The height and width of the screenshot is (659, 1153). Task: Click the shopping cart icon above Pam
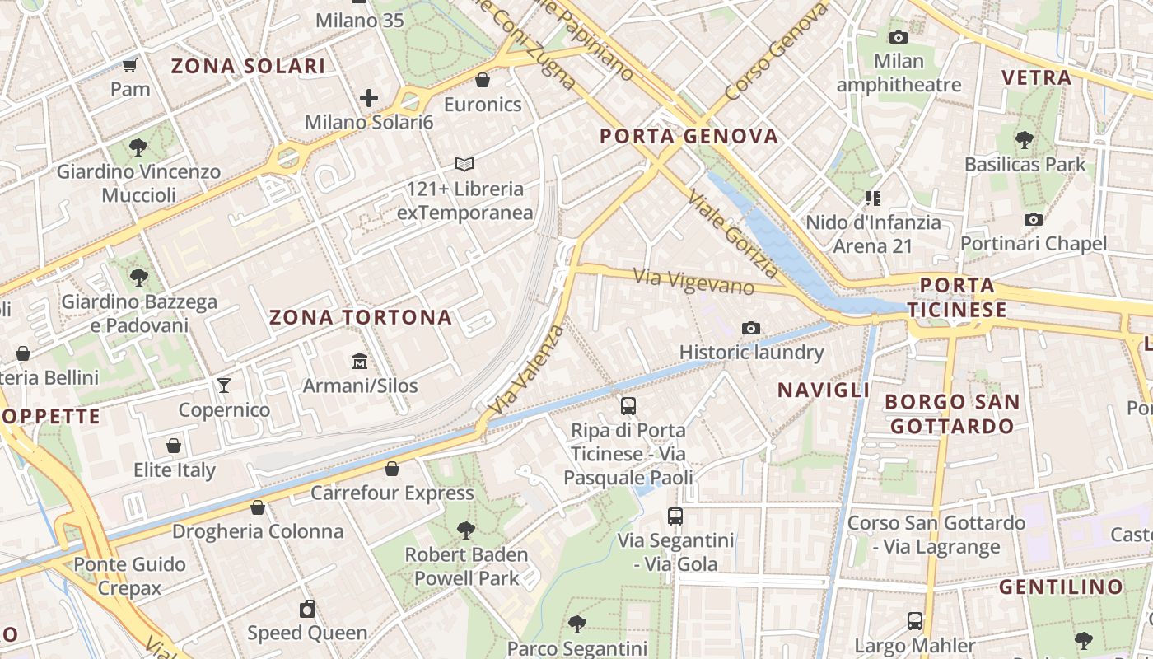click(x=129, y=65)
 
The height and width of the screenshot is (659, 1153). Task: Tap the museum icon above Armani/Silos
click(x=360, y=362)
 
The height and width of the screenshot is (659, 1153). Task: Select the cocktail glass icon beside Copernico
click(x=223, y=385)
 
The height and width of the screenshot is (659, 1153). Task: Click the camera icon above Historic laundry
click(x=750, y=329)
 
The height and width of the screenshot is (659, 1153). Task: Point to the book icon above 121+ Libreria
click(x=464, y=165)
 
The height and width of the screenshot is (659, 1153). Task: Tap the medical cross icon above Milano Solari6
click(x=369, y=99)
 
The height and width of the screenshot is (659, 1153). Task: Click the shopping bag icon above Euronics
click(x=483, y=80)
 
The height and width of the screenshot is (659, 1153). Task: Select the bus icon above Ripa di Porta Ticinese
click(x=628, y=405)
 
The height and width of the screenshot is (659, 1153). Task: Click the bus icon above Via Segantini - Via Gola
click(x=675, y=516)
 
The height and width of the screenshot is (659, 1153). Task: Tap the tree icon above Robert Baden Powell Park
click(x=466, y=530)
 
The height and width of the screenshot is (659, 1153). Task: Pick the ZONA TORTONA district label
click(x=361, y=317)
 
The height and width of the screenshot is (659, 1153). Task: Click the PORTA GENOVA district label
click(x=689, y=136)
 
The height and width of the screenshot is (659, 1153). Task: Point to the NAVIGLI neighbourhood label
click(x=824, y=390)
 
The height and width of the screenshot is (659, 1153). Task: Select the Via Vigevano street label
click(x=693, y=281)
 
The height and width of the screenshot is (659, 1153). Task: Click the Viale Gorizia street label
click(x=733, y=234)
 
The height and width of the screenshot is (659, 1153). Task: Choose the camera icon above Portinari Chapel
click(x=1034, y=219)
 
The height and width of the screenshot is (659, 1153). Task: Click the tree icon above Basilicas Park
click(x=1025, y=140)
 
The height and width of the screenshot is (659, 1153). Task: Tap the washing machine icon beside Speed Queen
click(x=307, y=609)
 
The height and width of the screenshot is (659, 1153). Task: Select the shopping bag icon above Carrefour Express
click(x=392, y=469)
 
